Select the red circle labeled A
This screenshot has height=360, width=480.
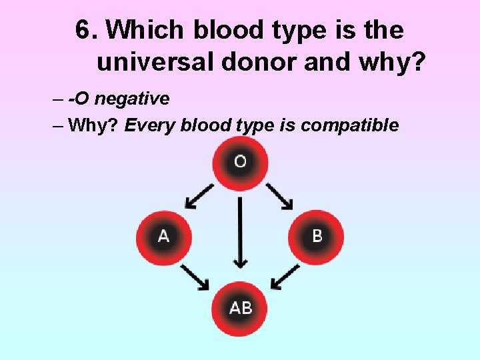pyautogui.click(x=163, y=237)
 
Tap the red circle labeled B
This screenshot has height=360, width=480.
pyautogui.click(x=316, y=237)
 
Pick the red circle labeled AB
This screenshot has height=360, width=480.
pyautogui.click(x=240, y=309)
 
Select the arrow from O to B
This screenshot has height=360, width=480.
pyautogui.click(x=280, y=195)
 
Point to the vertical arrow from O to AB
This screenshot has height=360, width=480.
pyautogui.click(x=240, y=233)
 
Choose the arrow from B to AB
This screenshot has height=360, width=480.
pyautogui.click(x=285, y=276)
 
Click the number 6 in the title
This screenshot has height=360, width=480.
pyautogui.click(x=83, y=30)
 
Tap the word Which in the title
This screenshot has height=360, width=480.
pyautogui.click(x=145, y=30)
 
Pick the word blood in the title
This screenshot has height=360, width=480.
pyautogui.click(x=225, y=30)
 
